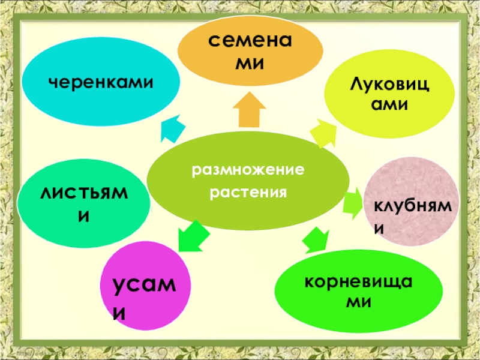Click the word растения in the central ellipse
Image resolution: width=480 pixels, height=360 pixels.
point(248,194)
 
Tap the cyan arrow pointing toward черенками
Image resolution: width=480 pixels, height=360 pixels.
point(173,127)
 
